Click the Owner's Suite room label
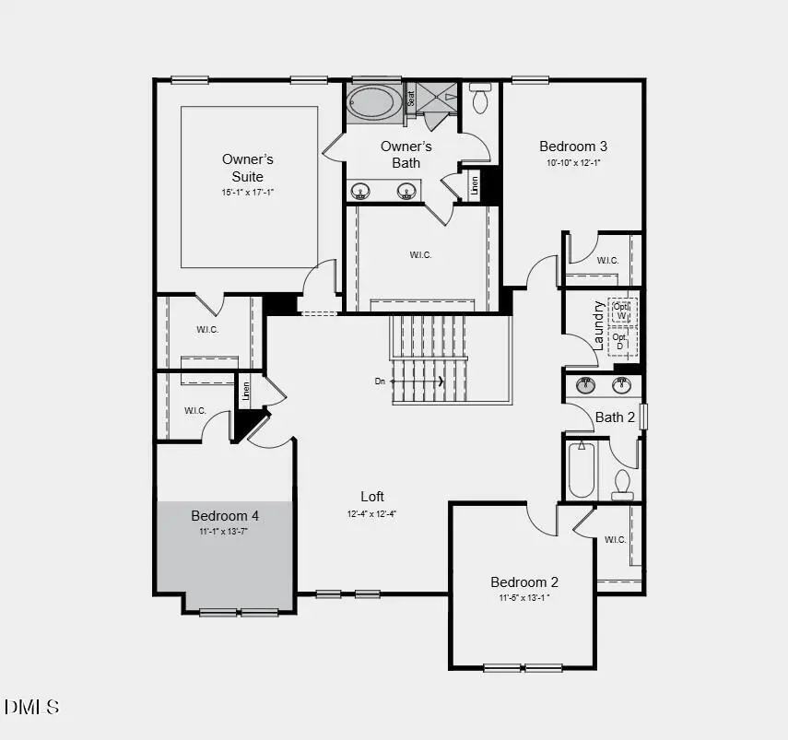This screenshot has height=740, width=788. click(x=248, y=167)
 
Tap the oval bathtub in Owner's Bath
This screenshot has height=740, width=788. click(x=373, y=101)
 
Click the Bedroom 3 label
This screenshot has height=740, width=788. click(x=573, y=146)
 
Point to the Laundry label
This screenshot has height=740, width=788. click(x=598, y=325)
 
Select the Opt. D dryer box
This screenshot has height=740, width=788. click(x=619, y=342)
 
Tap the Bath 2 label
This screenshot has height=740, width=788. click(x=615, y=417)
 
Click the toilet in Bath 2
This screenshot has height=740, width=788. click(x=622, y=482)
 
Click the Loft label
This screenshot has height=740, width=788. click(x=372, y=496)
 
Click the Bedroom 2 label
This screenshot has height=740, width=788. click(x=524, y=581)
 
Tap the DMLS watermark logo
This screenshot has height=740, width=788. click(x=32, y=707)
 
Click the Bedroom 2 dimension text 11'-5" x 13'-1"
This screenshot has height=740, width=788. click(x=524, y=597)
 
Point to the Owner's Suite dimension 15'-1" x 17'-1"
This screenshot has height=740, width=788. click(x=248, y=193)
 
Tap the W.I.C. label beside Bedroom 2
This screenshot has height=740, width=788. click(x=616, y=539)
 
